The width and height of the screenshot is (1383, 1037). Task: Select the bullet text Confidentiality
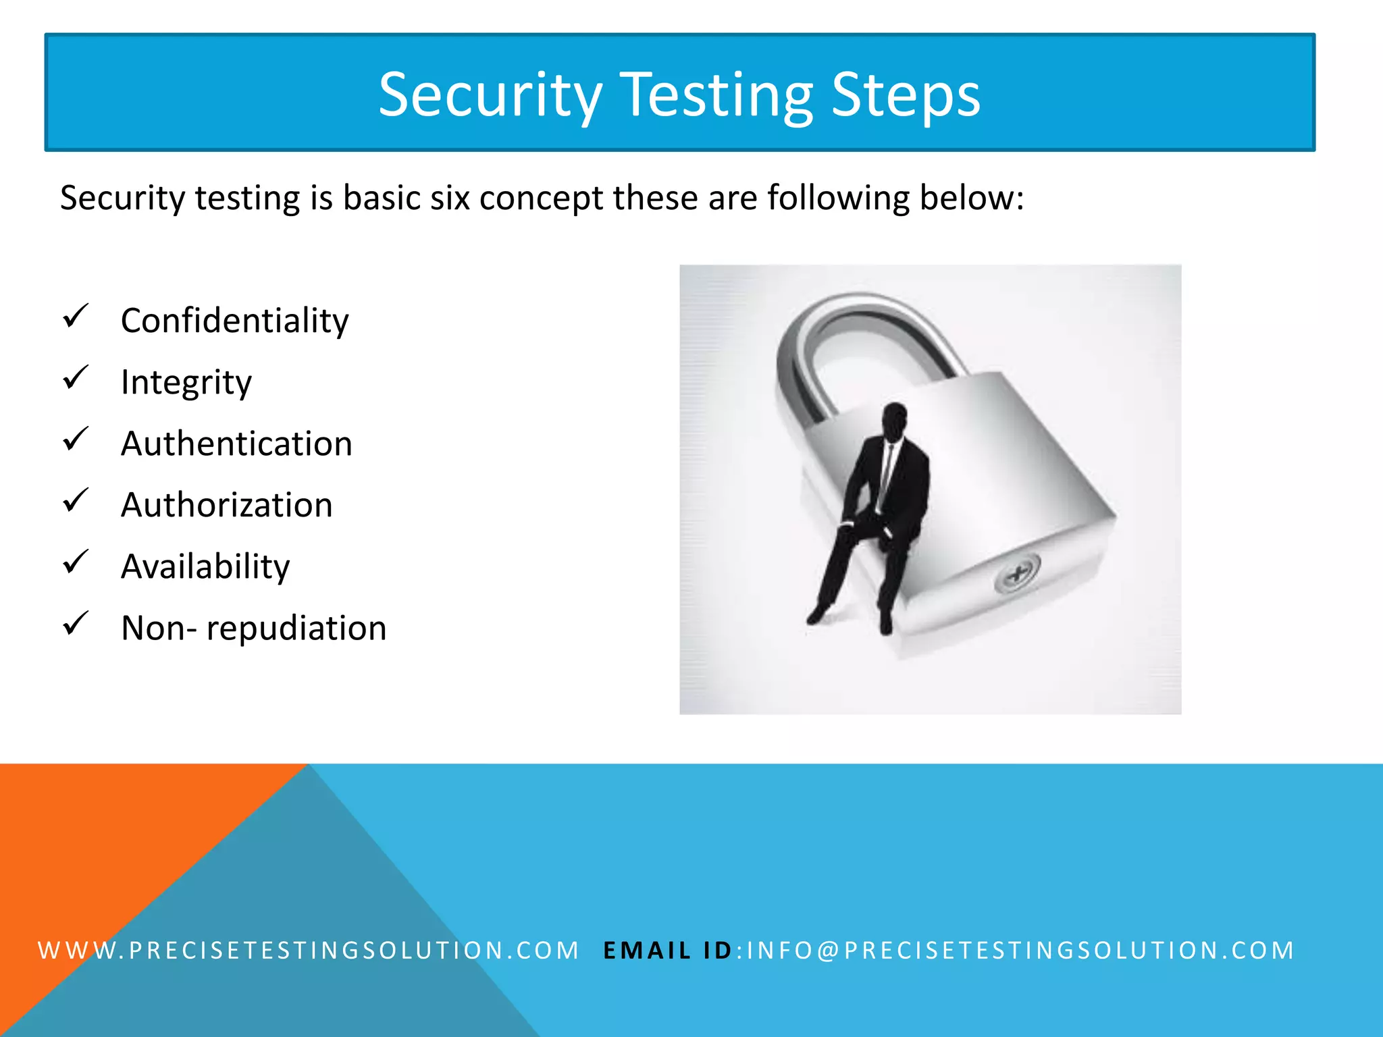pos(234,320)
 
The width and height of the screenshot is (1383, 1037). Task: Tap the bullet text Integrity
pos(186,382)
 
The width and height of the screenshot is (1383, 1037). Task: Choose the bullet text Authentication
pos(236,444)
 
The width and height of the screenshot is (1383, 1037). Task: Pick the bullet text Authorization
pos(226,505)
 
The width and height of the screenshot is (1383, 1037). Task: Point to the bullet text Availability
pos(205,566)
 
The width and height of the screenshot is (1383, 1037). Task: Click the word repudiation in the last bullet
pos(296,629)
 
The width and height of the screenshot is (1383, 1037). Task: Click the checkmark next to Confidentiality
pos(75,316)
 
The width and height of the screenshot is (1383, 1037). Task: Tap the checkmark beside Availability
pos(75,562)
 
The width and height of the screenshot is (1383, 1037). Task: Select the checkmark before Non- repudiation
pos(75,623)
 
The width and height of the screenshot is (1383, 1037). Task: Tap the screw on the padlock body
pos(1016,575)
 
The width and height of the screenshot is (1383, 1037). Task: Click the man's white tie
pos(887,473)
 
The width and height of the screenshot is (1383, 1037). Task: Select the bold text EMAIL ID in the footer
pos(667,951)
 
